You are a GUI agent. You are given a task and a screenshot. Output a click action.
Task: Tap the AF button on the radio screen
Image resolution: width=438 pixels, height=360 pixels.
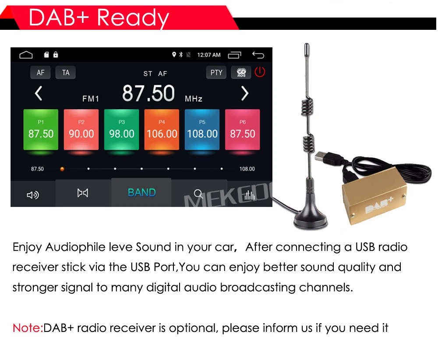pos(40,73)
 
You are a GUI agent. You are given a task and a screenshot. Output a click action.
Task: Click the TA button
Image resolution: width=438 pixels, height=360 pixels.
pos(66,73)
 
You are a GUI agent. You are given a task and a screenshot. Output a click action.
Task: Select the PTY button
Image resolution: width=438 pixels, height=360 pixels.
pos(216,73)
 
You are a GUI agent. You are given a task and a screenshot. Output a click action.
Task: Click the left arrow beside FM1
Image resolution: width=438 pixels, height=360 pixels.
pos(39,93)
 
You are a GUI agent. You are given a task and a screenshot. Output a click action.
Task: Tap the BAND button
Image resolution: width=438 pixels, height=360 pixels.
pos(141,192)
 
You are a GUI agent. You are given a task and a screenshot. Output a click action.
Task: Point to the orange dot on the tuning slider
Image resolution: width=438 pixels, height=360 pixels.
pos(62,169)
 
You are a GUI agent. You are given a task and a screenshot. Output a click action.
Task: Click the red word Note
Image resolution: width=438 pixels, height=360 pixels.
pos(28,328)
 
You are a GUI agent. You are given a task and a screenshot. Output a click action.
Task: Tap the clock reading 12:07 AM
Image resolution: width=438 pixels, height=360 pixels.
pos(209,55)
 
